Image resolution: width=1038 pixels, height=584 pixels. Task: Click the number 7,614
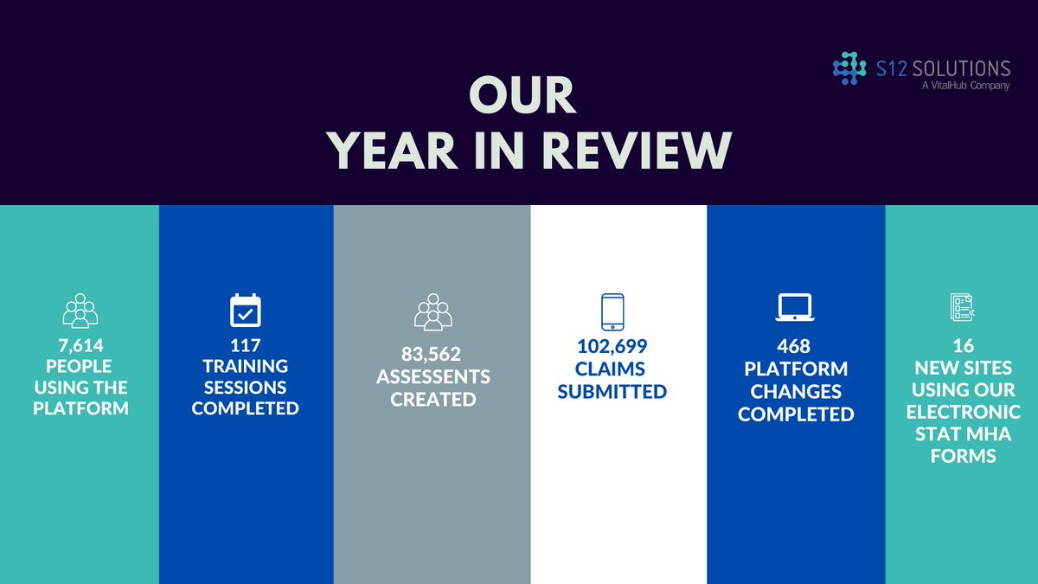tap(80, 345)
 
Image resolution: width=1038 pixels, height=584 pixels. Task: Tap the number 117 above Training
tap(245, 345)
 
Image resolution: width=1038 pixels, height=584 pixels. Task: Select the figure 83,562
tap(432, 355)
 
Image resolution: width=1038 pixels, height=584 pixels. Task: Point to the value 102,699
tap(612, 347)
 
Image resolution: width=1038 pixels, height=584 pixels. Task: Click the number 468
tap(794, 346)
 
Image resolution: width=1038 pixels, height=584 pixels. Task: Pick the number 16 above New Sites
tap(963, 346)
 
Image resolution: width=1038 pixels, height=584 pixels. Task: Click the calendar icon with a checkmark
tap(245, 310)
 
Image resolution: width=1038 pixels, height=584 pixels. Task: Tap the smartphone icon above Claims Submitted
tap(612, 311)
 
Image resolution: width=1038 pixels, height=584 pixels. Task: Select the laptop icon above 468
tap(794, 307)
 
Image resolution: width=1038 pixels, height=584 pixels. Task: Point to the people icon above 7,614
tap(80, 311)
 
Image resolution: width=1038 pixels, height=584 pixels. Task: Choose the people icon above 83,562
tap(432, 312)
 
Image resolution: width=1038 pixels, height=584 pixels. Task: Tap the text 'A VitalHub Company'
tap(965, 87)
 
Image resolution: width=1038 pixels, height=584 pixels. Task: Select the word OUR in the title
tap(522, 95)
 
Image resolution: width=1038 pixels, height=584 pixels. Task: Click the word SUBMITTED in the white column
tap(612, 391)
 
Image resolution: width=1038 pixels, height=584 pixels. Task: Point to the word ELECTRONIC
tap(963, 412)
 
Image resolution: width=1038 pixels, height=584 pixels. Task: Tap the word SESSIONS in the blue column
tap(245, 387)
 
